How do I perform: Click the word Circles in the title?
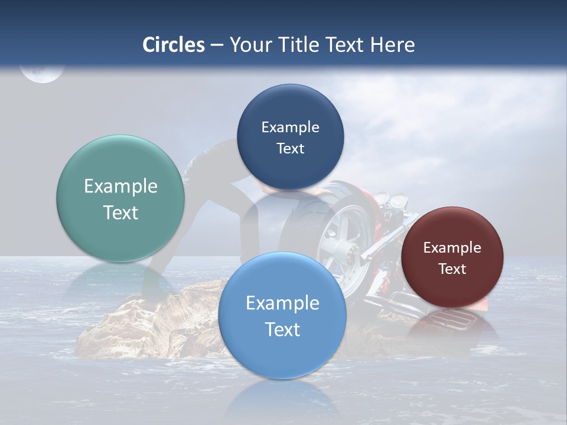173,45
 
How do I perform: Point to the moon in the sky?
41,73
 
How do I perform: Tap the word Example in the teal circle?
120,187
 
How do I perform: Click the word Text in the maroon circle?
452,269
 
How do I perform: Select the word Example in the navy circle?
290,127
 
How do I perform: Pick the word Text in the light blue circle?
282,329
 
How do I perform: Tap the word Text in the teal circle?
120,212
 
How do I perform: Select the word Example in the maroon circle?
452,248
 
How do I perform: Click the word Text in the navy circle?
290,149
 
